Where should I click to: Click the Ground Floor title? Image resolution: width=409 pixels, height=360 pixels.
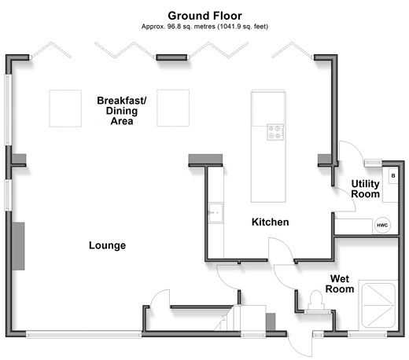(204, 16)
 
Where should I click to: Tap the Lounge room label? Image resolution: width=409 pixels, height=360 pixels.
(107, 245)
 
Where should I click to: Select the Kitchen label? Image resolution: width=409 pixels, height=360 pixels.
(271, 222)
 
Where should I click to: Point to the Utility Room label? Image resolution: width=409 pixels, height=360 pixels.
(365, 189)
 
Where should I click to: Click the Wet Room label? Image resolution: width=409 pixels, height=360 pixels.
(340, 284)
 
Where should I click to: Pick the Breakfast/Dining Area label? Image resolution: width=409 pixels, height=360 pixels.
(122, 111)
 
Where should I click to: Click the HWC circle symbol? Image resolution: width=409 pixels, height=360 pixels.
(382, 225)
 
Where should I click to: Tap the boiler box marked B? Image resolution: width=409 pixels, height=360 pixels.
(393, 176)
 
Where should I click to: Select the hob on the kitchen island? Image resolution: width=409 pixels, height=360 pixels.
(275, 132)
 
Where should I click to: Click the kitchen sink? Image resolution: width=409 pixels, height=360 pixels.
(216, 213)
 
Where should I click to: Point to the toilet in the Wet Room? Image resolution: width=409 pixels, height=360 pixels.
(316, 300)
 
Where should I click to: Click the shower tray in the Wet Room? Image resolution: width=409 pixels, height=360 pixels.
(378, 305)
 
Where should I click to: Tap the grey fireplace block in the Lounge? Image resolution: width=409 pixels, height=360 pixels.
(18, 246)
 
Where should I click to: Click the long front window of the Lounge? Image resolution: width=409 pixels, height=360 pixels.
(83, 334)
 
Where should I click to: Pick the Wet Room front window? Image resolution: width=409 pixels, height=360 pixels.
(367, 334)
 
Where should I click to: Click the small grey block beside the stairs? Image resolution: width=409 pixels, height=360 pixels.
(271, 321)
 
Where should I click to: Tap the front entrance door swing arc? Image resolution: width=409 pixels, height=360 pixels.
(295, 349)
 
